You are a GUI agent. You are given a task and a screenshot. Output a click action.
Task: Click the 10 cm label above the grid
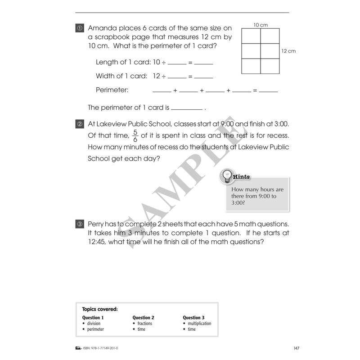tap(260, 25)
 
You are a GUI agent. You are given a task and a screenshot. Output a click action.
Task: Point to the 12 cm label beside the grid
tap(288, 51)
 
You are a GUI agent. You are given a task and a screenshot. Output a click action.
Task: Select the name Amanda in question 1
tap(102, 28)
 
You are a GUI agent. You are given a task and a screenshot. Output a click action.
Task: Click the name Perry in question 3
tap(96, 224)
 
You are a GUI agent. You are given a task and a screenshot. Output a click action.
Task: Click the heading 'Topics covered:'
tap(100, 309)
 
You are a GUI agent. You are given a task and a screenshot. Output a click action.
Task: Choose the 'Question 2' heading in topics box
tap(144, 317)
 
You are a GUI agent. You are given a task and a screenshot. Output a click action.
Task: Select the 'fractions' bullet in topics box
tap(144, 324)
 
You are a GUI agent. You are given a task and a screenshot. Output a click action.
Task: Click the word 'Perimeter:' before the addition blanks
tap(112, 90)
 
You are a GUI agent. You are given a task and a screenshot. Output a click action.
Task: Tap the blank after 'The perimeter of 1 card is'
tap(187, 108)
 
